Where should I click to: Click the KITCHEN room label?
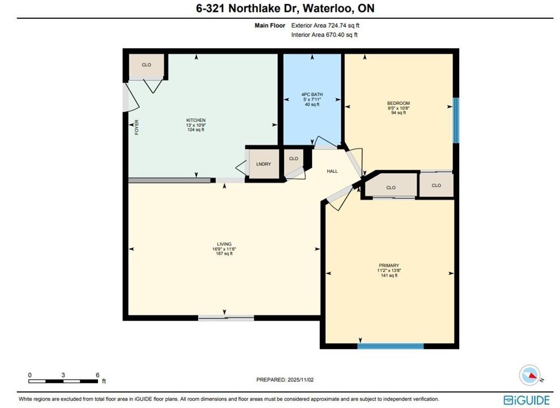pyautogui.click(x=196, y=120)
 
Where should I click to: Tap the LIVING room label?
pyautogui.click(x=224, y=244)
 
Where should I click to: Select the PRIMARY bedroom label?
pyautogui.click(x=389, y=265)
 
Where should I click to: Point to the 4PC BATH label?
pyautogui.click(x=312, y=95)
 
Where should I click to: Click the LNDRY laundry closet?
pyautogui.click(x=263, y=164)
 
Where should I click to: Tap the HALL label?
pyautogui.click(x=332, y=171)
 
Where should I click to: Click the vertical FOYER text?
pyautogui.click(x=137, y=127)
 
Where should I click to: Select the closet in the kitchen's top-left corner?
pyautogui.click(x=147, y=66)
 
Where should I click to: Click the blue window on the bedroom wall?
pyautogui.click(x=456, y=120)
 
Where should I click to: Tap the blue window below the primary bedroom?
pyautogui.click(x=391, y=346)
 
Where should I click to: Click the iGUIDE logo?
pyautogui.click(x=527, y=399)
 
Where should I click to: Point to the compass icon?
pyautogui.click(x=530, y=375)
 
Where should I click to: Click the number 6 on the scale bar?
pyautogui.click(x=97, y=375)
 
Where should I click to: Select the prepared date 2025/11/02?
pyautogui.click(x=301, y=380)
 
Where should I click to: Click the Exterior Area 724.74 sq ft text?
pyautogui.click(x=325, y=25)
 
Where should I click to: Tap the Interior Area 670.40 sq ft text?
pyautogui.click(x=324, y=35)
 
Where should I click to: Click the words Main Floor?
pyautogui.click(x=270, y=25)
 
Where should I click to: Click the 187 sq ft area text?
pyautogui.click(x=224, y=254)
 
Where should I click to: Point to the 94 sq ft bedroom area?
pyautogui.click(x=399, y=113)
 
